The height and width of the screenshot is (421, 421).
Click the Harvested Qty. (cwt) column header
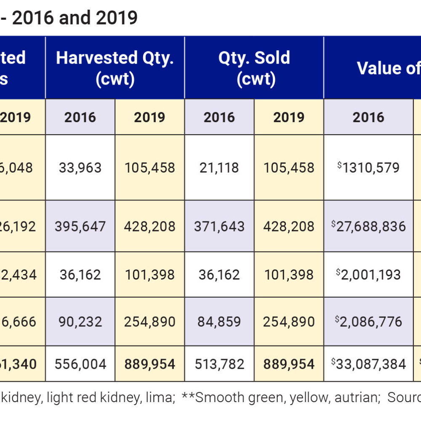[115, 68]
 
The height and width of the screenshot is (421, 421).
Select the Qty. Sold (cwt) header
[254, 68]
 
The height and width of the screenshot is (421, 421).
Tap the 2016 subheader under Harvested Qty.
[80, 117]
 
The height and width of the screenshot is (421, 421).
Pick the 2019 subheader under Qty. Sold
[289, 117]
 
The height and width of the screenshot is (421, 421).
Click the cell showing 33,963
[80, 168]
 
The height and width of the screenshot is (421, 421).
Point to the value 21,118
[219, 168]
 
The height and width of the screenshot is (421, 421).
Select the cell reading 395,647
[80, 226]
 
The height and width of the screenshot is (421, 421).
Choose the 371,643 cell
[219, 226]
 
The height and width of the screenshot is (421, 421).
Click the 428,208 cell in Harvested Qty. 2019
[149, 226]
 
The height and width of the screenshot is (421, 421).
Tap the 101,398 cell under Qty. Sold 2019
[289, 275]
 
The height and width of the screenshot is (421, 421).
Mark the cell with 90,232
[80, 322]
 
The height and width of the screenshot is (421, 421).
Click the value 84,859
[219, 322]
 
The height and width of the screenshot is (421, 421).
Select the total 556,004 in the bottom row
[80, 364]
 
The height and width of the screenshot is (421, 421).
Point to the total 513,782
[219, 364]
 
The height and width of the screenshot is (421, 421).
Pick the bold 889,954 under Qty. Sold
[289, 364]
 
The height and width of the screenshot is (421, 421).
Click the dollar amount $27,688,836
[368, 226]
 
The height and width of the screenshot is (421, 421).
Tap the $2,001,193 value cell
[368, 275]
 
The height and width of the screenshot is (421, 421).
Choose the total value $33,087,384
[368, 364]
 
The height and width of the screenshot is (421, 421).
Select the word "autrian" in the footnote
[357, 397]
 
